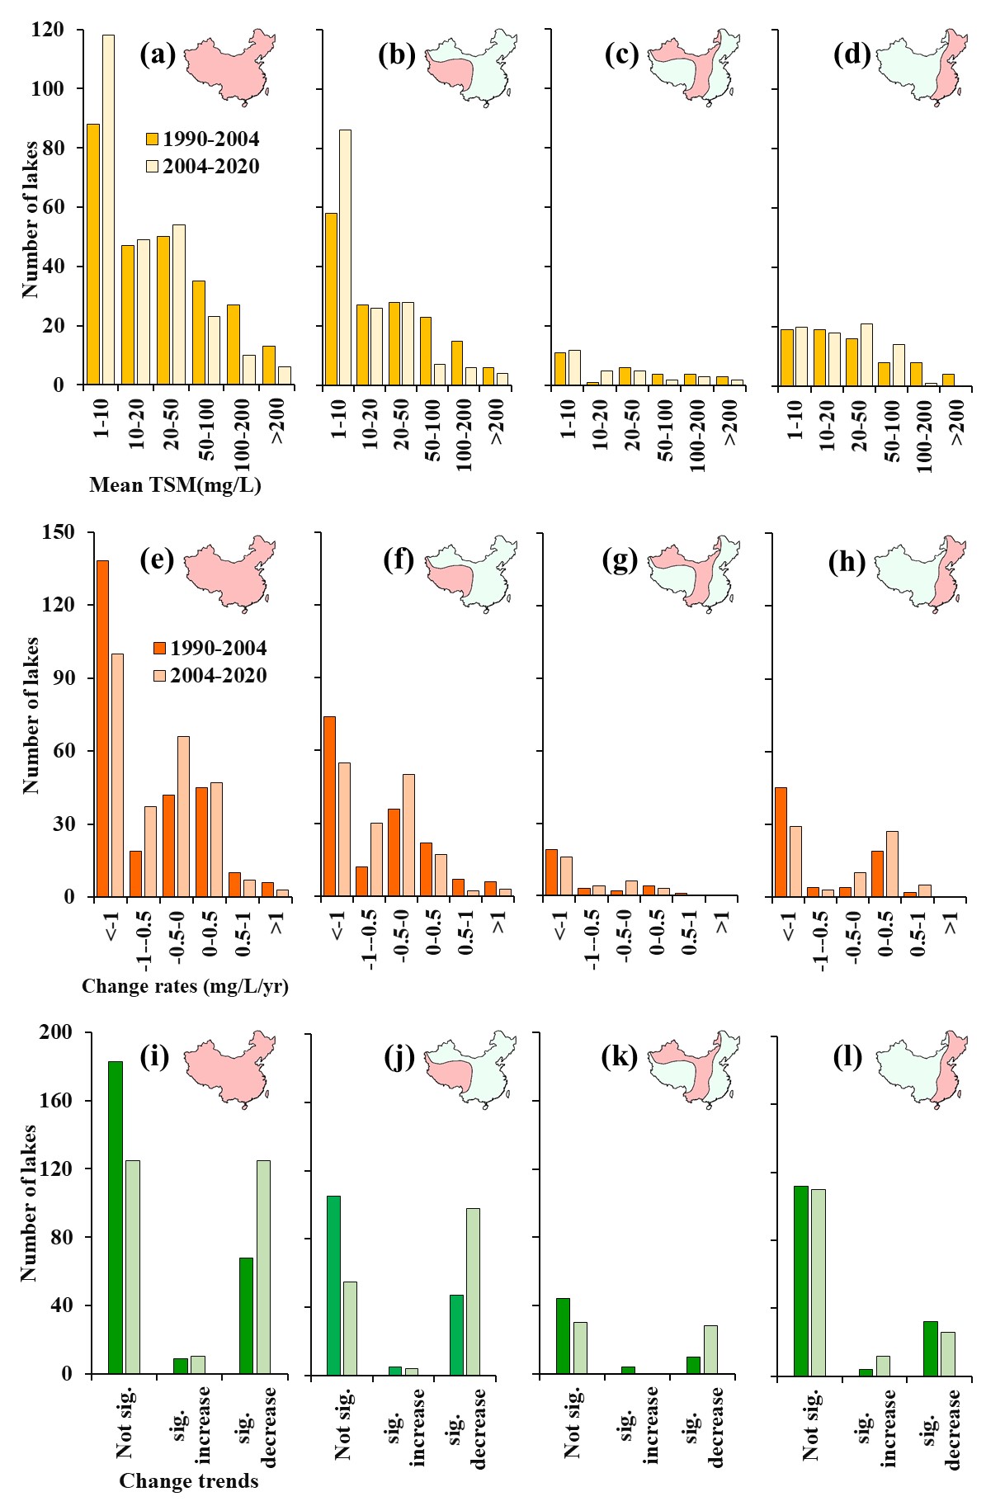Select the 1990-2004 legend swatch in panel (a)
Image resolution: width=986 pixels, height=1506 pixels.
pos(153,139)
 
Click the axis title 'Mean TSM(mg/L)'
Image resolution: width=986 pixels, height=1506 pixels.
pos(175,485)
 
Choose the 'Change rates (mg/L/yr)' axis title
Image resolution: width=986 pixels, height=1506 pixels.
pos(185,986)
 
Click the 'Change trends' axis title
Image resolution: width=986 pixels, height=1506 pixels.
pos(189,1481)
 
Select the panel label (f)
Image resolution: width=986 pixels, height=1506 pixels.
pos(399,560)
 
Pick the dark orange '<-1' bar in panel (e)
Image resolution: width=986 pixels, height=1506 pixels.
pos(103,729)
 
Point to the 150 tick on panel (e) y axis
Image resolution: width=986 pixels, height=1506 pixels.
pos(57,532)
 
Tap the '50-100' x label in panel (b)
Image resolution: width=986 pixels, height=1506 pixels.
pos(434,437)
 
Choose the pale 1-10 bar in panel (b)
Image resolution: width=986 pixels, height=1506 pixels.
pos(345,257)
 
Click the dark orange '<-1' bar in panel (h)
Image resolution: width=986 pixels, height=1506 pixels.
pos(781,842)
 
